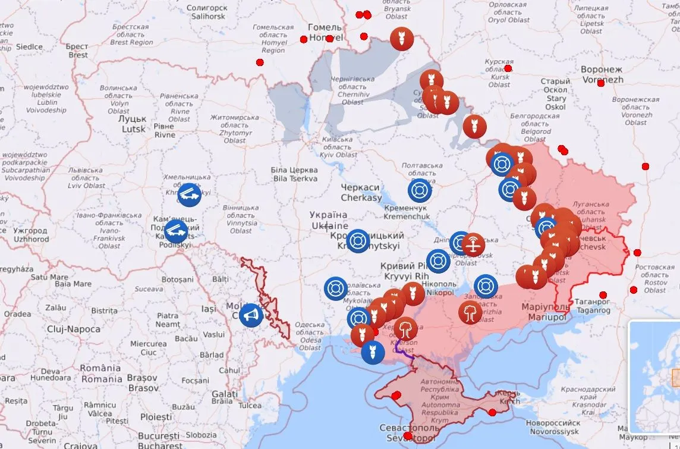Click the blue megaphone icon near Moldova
coord(251,315)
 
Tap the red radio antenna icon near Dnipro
coord(473,244)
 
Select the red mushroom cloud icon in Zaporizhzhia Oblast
coord(470,312)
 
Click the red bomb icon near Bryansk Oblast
coord(402,39)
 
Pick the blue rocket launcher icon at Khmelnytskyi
coord(190,194)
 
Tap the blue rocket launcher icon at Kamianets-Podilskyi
coord(177,231)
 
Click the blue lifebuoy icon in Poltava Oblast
coord(420,190)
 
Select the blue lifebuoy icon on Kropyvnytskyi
coord(358,241)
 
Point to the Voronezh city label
coord(602,74)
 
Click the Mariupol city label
coord(544,312)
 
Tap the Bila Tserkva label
coord(295,174)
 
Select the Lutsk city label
coord(134,124)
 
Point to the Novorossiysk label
coord(552,426)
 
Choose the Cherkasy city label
coord(361,192)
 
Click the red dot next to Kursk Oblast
coord(508,68)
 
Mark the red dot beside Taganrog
coord(603,295)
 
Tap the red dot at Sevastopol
coord(407,436)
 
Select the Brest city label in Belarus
coord(77,51)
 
